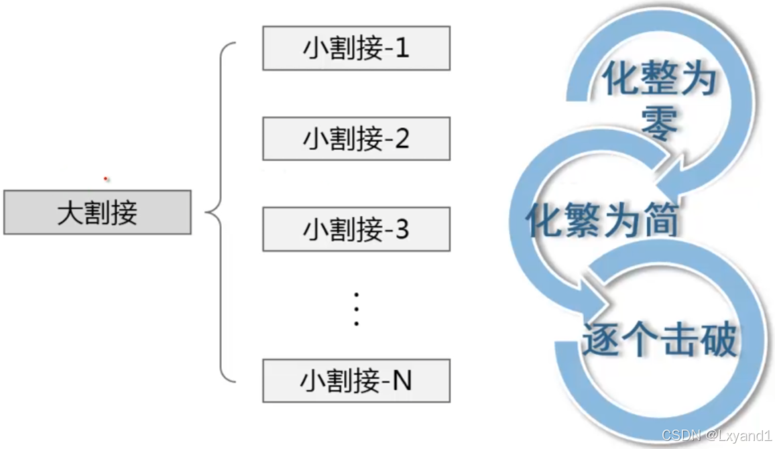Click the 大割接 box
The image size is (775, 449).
[97, 212]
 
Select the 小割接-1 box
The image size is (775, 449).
[356, 48]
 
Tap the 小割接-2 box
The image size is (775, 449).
[356, 139]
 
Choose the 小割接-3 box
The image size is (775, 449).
[356, 230]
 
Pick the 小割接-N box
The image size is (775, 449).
[356, 381]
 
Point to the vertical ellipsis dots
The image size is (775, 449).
[357, 309]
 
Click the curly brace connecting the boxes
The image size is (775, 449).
[220, 213]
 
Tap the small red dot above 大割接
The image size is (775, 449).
[106, 179]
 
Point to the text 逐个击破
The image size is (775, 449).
[660, 339]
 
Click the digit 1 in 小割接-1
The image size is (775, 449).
[402, 48]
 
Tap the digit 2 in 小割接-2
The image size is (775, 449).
[402, 139]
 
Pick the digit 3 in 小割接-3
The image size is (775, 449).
[402, 230]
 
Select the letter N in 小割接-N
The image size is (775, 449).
[402, 381]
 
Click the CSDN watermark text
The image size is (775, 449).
[676, 436]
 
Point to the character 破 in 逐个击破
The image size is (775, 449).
[718, 340]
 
